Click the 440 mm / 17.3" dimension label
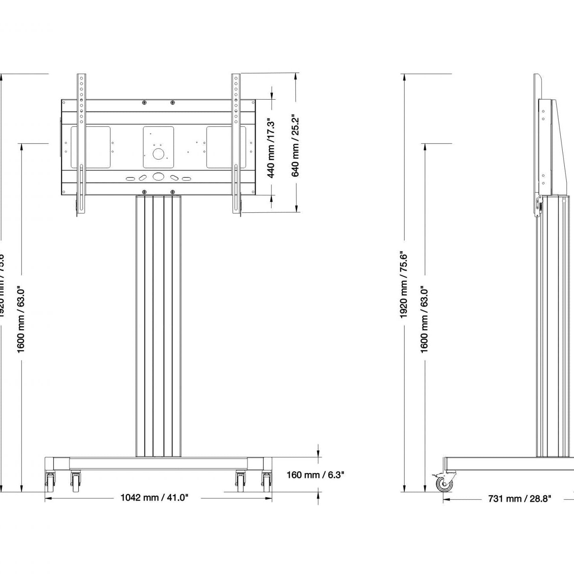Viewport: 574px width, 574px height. (x=271, y=148)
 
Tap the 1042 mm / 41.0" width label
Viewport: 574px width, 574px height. (x=154, y=497)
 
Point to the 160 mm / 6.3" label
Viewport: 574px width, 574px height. (x=315, y=475)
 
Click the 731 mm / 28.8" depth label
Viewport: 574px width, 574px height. (x=519, y=499)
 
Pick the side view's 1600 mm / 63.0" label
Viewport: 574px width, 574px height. (x=424, y=319)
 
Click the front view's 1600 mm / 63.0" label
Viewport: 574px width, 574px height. (x=21, y=319)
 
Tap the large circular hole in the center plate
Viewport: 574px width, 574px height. (x=158, y=154)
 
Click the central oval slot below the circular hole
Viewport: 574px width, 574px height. (x=158, y=177)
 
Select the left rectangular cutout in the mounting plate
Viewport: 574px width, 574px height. (x=91, y=147)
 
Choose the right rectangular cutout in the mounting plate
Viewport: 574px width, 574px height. (x=226, y=147)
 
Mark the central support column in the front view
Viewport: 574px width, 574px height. (x=158, y=324)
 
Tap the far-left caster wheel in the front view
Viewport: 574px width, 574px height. (x=50, y=481)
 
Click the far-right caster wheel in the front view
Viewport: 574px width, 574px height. (x=266, y=481)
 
